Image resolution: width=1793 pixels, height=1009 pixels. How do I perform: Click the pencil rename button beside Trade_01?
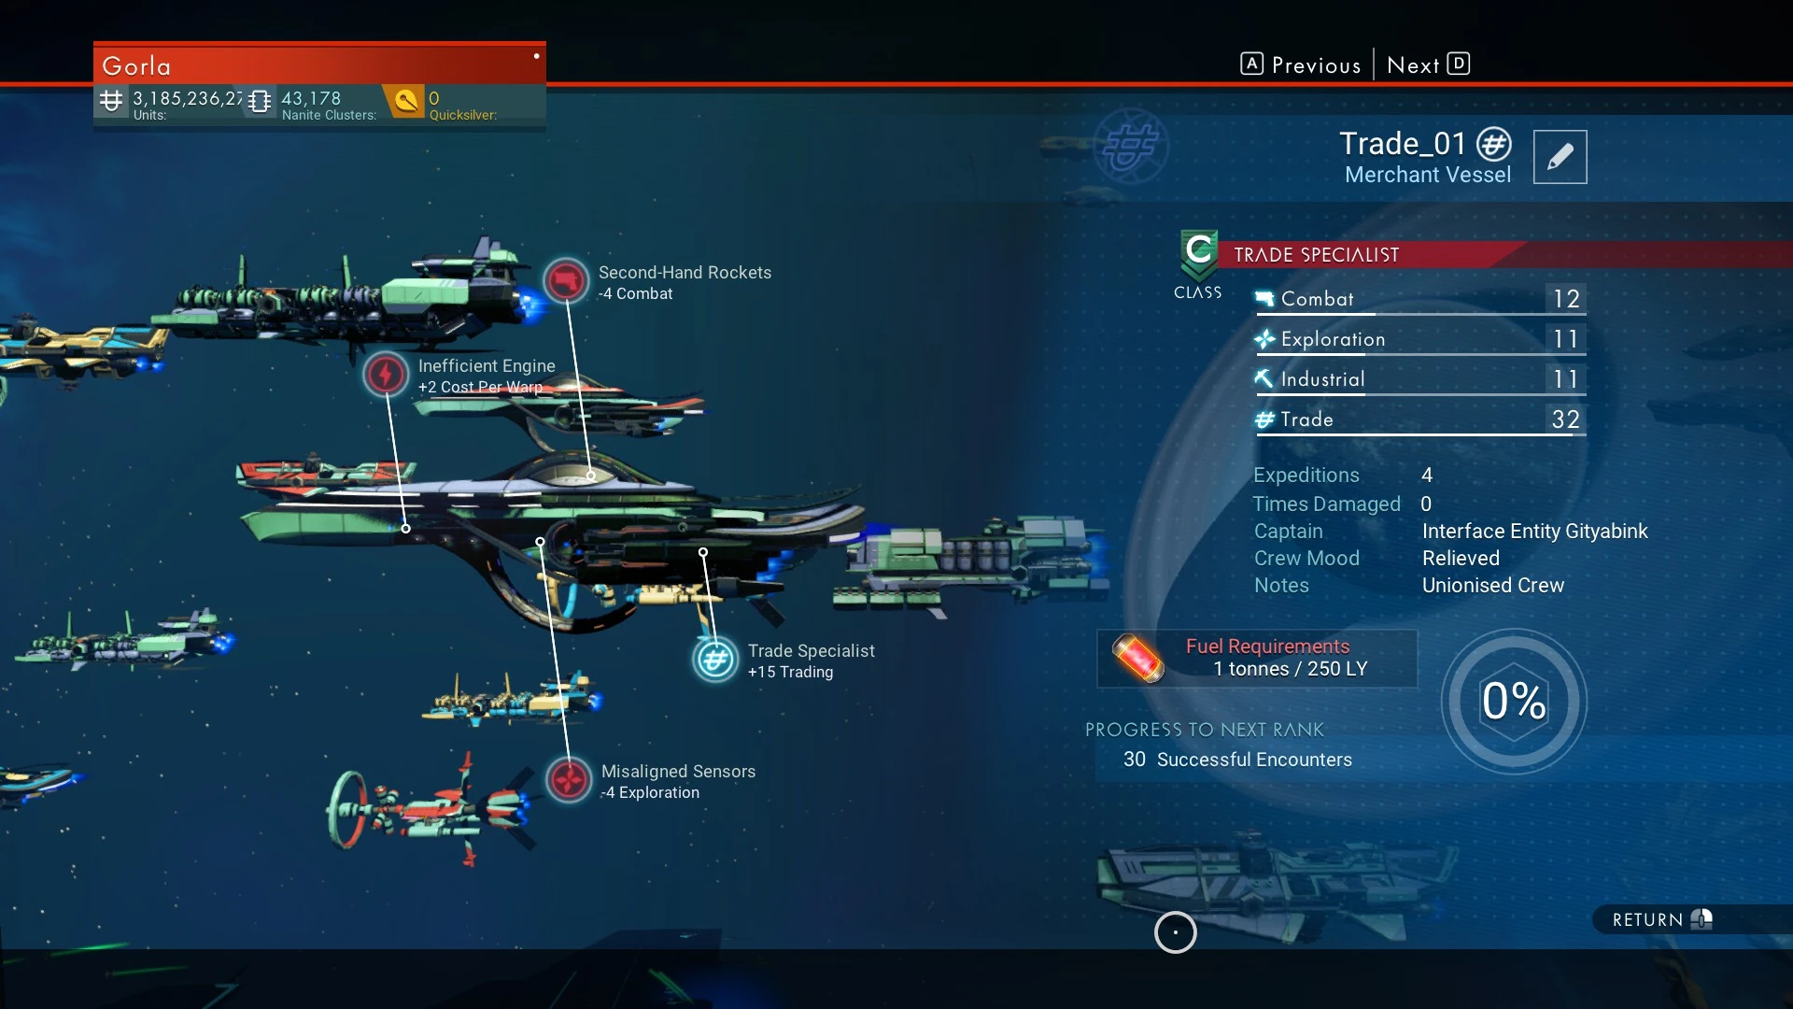click(1560, 157)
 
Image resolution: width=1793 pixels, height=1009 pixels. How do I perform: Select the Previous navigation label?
click(1316, 65)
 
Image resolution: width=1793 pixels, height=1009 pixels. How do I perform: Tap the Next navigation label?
click(1413, 65)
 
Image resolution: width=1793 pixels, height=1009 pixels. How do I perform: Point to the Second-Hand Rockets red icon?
click(566, 280)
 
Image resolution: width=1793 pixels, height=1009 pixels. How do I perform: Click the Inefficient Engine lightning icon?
click(385, 375)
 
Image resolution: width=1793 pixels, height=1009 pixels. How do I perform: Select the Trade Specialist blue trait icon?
click(715, 660)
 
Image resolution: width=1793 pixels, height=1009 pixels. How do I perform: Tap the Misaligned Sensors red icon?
click(569, 779)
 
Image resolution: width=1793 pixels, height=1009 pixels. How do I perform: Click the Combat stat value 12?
click(1566, 299)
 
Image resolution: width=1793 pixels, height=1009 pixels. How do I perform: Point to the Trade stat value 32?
click(1566, 419)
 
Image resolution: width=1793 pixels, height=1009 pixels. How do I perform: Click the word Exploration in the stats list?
click(1333, 339)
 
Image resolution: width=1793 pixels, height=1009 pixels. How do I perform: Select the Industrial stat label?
click(1322, 379)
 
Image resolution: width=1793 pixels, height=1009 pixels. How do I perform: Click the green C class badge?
click(1198, 252)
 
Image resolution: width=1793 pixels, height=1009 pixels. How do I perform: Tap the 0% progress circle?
click(1514, 702)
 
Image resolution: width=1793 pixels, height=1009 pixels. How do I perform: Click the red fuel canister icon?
click(1137, 658)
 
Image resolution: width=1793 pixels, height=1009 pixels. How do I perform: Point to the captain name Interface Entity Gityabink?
click(1534, 532)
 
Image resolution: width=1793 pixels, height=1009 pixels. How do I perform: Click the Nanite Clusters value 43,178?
click(311, 98)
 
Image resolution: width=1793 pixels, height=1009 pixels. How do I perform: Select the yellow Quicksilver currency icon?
click(406, 100)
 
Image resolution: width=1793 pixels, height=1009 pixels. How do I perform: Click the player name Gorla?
click(136, 66)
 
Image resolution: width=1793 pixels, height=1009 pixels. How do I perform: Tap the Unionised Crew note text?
click(1492, 586)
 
